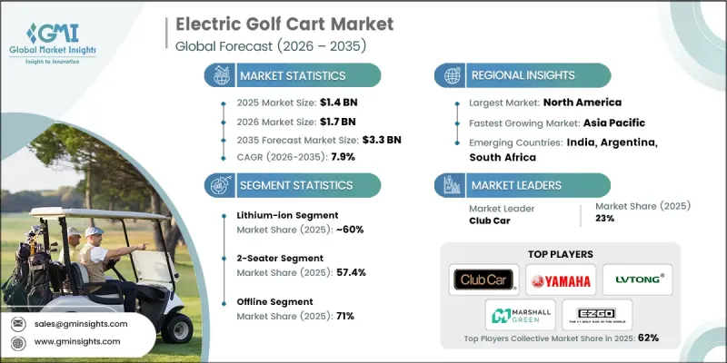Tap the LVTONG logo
point(638,280)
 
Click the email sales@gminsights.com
point(82,323)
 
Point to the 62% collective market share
point(648,338)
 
